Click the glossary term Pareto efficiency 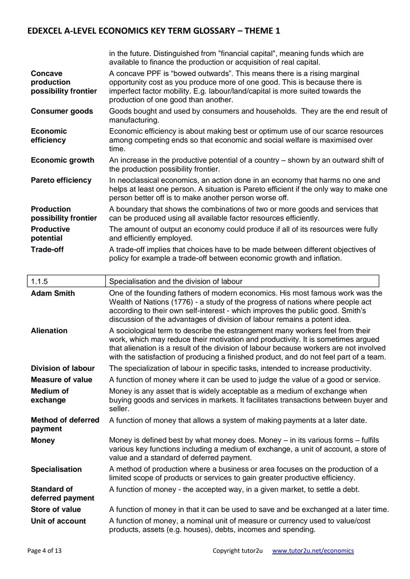point(61,180)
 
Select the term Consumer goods point(62,111)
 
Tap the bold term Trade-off point(47,249)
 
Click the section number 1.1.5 point(39,281)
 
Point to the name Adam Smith point(53,293)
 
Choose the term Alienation point(49,331)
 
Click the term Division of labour point(63,368)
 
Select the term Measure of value point(61,380)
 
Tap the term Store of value point(56,509)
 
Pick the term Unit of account point(58,521)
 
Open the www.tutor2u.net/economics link point(313,551)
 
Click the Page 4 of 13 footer point(44,551)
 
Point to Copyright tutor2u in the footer point(237,551)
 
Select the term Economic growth point(63,160)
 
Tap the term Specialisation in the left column point(56,469)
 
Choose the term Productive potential point(50,234)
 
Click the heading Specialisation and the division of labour point(175,281)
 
